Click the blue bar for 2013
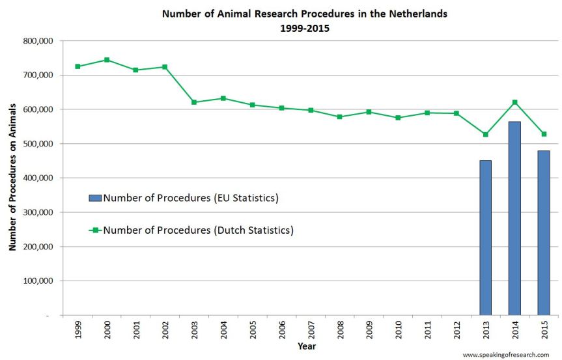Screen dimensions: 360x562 point(485,238)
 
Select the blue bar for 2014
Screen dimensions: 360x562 point(514,218)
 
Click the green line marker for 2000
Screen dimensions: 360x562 point(107,60)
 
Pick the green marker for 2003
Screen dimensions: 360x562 point(194,102)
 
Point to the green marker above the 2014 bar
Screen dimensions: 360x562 point(514,102)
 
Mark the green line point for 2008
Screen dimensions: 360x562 point(340,117)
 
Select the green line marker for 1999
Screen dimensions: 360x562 point(77,66)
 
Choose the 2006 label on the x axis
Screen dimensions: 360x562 point(282,329)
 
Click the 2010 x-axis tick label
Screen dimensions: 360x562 point(399,329)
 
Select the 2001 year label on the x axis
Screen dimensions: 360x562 point(136,329)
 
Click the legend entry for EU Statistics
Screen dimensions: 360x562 point(190,198)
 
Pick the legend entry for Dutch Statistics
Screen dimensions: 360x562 point(198,230)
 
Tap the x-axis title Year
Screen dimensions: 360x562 point(307,346)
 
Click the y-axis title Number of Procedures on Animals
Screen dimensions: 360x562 point(12,177)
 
